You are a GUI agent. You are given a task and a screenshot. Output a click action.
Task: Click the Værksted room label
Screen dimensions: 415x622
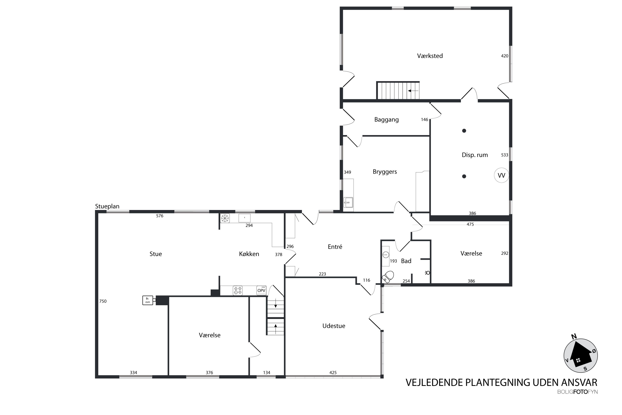(x=430, y=56)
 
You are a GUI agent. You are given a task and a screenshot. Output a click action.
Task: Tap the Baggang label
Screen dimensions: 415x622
(x=386, y=120)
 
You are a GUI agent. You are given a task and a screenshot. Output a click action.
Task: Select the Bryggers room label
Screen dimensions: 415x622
(x=385, y=172)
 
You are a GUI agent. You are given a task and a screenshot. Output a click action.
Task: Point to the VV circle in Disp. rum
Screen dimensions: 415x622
(x=501, y=175)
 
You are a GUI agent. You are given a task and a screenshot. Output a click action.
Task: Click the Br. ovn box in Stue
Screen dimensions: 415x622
(x=148, y=300)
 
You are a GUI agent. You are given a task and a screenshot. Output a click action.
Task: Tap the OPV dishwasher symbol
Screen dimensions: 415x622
(x=261, y=290)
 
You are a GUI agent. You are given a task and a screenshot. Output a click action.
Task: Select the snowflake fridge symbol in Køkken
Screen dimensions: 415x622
(x=225, y=218)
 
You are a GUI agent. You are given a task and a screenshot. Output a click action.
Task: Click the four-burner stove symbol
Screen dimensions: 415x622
(x=237, y=290)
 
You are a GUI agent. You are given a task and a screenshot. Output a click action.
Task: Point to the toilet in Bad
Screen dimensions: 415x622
(x=388, y=277)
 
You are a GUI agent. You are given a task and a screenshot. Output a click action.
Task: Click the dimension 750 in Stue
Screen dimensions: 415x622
(x=103, y=301)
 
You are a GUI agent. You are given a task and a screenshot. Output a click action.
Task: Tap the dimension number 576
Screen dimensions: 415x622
(x=160, y=216)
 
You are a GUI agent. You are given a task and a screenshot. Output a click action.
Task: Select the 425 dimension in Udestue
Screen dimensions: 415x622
(x=333, y=373)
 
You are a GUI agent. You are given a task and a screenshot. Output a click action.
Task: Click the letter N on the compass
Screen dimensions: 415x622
(x=574, y=337)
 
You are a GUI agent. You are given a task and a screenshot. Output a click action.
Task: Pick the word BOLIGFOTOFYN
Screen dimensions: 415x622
(x=577, y=392)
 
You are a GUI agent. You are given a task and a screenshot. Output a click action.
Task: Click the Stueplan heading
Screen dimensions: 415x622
(x=107, y=206)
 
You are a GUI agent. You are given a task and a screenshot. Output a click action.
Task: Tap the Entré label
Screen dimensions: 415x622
(x=335, y=247)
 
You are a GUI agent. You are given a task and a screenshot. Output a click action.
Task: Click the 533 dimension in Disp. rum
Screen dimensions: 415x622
(x=504, y=155)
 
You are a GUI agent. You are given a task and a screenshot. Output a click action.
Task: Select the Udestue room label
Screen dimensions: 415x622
(x=334, y=326)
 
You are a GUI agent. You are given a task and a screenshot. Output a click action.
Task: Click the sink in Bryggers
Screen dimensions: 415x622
(x=348, y=203)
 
